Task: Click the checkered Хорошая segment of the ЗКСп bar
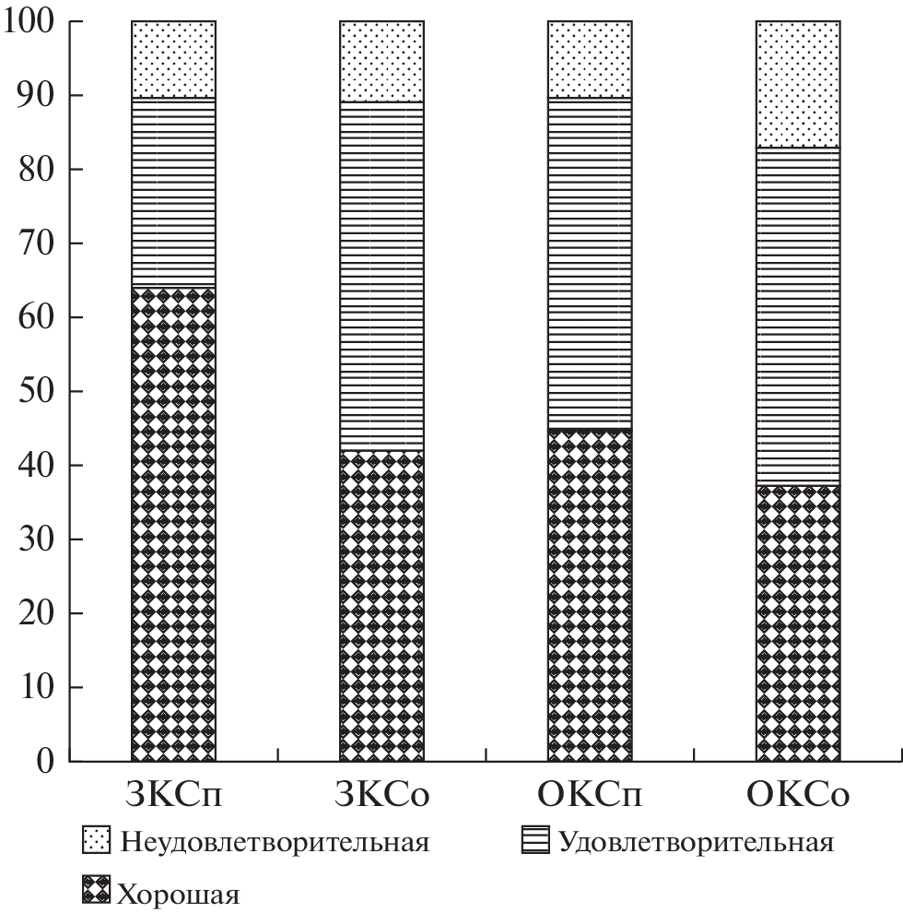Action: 174,525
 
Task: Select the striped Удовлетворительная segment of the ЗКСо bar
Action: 381,276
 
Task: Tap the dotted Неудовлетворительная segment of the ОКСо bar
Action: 798,84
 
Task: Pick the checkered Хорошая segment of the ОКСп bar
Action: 590,595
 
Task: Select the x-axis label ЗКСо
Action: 381,796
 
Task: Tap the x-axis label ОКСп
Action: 590,796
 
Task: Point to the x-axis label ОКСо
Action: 798,796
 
